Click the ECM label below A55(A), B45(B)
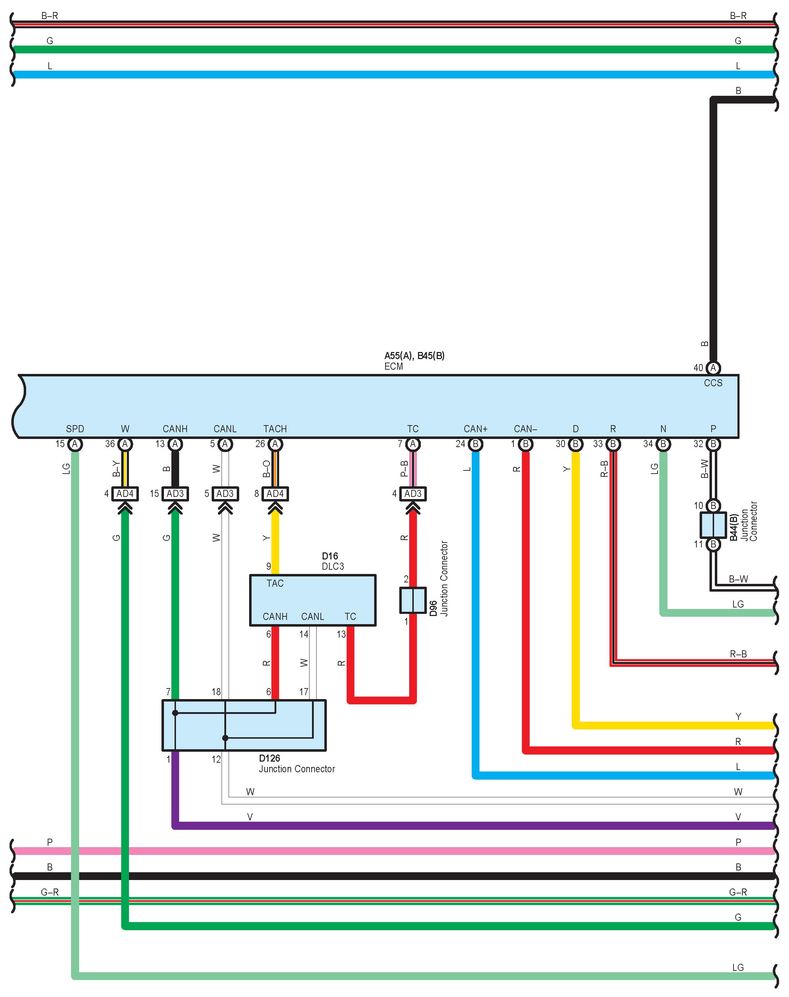393,366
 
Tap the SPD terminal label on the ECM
75,429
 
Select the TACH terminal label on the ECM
275,429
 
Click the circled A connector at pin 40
713,368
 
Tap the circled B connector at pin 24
475,444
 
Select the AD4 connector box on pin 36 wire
125,493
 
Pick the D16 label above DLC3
330,556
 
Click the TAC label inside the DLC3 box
275,583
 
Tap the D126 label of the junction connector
269,758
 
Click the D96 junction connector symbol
412,600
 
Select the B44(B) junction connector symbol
713,525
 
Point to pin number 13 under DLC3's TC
341,634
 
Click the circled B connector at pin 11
713,544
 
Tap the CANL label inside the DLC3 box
312,616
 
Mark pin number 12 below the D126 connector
216,759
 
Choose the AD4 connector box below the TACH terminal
275,493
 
